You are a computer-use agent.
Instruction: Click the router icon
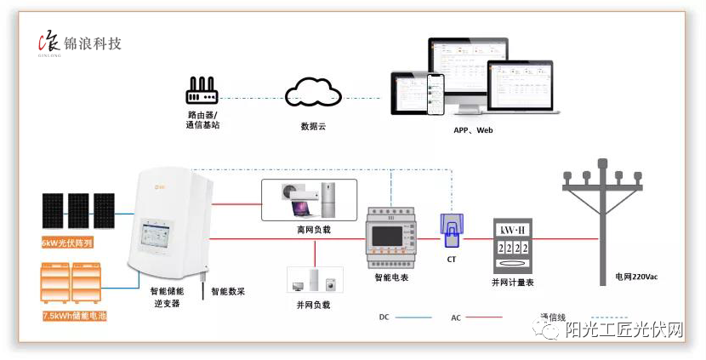pos(202,91)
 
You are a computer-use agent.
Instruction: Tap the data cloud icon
pos(314,93)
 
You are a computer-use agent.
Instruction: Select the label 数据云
pos(314,126)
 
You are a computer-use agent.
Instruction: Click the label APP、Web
pos(473,130)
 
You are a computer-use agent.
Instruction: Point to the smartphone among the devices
pos(436,93)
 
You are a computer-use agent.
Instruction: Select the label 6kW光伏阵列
pos(78,243)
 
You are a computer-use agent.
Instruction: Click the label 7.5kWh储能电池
pos(78,316)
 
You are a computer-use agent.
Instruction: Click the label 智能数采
pos(228,291)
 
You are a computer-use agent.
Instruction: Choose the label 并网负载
pos(314,304)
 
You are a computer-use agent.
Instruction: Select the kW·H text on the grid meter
pos(513,231)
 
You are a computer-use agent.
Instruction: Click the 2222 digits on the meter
pos(513,248)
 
